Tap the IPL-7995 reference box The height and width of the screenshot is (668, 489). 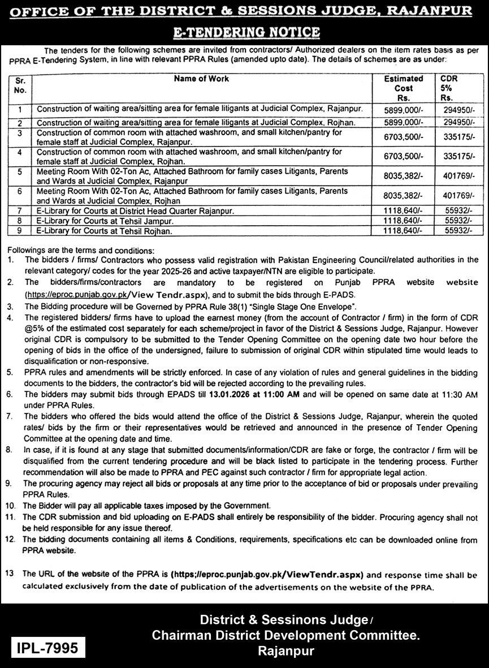tap(48, 647)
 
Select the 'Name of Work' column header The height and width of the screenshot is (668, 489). tap(201, 79)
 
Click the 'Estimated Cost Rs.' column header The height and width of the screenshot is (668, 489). tap(403, 88)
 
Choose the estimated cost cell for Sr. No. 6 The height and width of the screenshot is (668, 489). tap(403, 195)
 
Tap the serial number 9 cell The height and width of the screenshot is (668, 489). tap(20, 231)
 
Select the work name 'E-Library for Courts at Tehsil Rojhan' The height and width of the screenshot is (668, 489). tap(104, 231)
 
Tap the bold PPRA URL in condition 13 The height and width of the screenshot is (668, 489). tap(266, 574)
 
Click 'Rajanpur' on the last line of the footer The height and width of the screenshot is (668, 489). tap(286, 651)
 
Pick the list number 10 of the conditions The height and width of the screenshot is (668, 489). tap(10, 505)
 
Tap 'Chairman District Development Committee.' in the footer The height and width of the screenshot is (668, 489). tap(286, 636)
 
